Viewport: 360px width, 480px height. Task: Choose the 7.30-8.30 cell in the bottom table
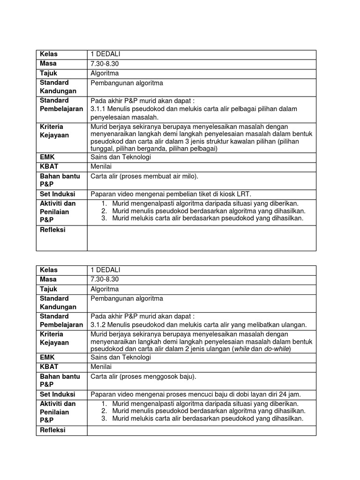[105, 279]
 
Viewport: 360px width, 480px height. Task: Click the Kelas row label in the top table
[49, 54]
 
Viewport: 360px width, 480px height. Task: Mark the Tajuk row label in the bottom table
[49, 289]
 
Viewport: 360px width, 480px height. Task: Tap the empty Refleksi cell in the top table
[202, 238]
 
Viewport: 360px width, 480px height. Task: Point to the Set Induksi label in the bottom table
[58, 394]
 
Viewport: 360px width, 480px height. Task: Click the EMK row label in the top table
[47, 157]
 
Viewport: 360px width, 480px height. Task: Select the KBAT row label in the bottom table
[49, 367]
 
